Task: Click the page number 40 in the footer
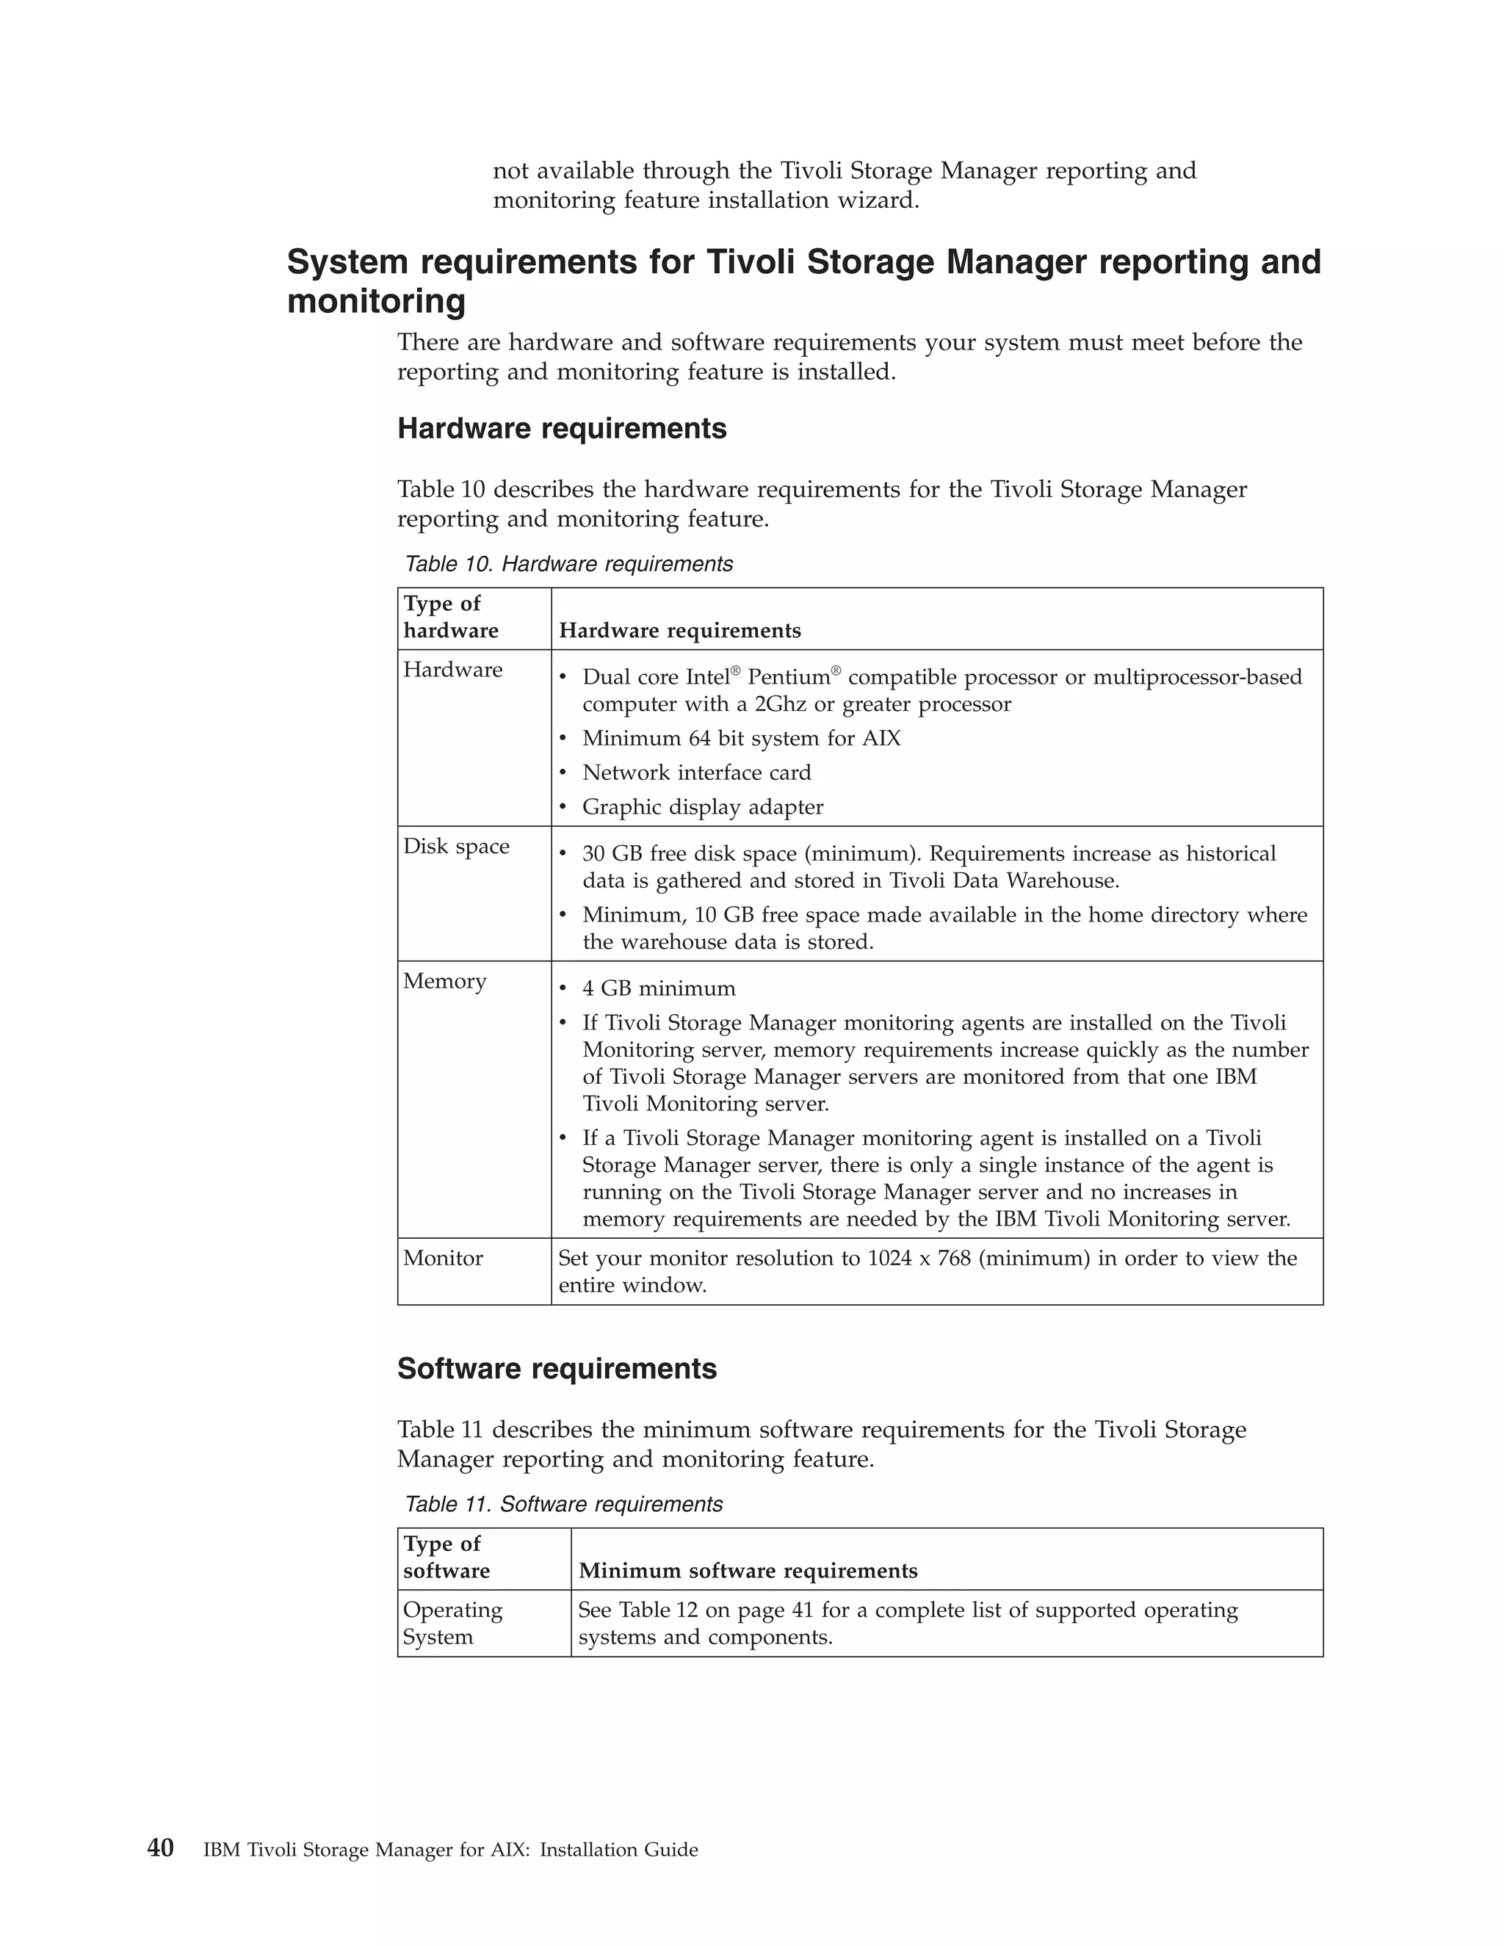click(x=160, y=1848)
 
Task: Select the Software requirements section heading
click(x=557, y=1369)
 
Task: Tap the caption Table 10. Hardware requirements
click(x=568, y=564)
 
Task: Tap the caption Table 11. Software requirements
click(x=563, y=1504)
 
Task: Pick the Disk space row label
click(x=456, y=847)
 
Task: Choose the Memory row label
click(x=444, y=981)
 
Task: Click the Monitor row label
click(x=443, y=1258)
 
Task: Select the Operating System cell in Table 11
click(x=452, y=1624)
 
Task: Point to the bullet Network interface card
click(x=696, y=773)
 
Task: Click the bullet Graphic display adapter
click(x=702, y=807)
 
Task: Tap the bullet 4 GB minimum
click(x=659, y=989)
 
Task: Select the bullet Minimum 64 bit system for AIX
click(x=741, y=739)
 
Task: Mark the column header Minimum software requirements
click(x=748, y=1571)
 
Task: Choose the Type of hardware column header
click(x=450, y=618)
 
